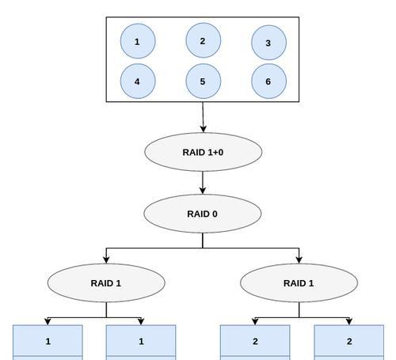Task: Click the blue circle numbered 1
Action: [138, 41]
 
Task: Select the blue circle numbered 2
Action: [204, 40]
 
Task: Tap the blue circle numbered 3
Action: [268, 43]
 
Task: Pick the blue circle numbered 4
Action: [138, 81]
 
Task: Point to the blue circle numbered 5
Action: [204, 81]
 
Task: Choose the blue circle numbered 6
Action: [268, 81]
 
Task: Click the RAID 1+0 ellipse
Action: [204, 152]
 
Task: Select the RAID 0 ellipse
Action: [203, 214]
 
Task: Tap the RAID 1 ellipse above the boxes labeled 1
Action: [106, 283]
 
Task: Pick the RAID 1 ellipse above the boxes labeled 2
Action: [299, 283]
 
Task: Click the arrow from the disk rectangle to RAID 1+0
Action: [203, 117]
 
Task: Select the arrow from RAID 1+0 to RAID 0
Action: [203, 183]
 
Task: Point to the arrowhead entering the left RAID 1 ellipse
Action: [106, 260]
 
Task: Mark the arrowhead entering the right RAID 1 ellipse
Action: [299, 260]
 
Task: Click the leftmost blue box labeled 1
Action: [48, 343]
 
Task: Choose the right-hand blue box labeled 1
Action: [141, 343]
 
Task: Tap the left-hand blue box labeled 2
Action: [255, 343]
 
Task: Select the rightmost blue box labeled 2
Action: [349, 343]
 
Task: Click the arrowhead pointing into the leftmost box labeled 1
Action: [48, 321]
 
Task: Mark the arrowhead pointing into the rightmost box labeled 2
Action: [349, 321]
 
